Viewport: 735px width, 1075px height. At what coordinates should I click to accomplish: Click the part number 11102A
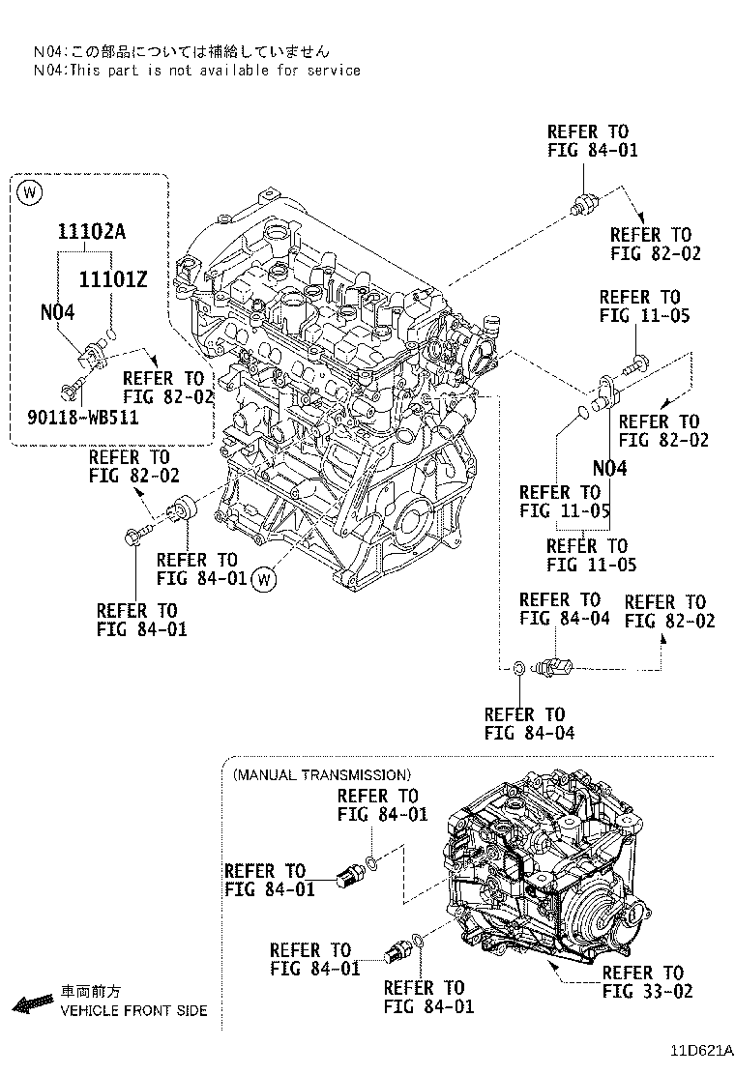pyautogui.click(x=93, y=233)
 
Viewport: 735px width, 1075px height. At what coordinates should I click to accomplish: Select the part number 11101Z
pyautogui.click(x=112, y=279)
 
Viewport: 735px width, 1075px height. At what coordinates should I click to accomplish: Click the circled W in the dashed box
pyautogui.click(x=30, y=192)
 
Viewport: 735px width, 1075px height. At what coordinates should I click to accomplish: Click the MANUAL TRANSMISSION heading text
pyautogui.click(x=321, y=774)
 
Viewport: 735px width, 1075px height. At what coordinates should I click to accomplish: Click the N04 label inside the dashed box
pyautogui.click(x=57, y=312)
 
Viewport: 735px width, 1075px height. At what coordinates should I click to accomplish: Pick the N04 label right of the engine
pyautogui.click(x=609, y=469)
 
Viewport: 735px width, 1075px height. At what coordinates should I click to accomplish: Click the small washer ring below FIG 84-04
pyautogui.click(x=519, y=667)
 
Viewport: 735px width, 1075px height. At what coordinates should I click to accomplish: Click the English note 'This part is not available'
pyautogui.click(x=196, y=70)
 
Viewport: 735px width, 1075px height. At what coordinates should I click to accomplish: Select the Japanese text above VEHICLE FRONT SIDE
pyautogui.click(x=92, y=992)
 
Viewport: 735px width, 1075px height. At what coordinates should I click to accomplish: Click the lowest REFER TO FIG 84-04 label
pyautogui.click(x=529, y=723)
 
